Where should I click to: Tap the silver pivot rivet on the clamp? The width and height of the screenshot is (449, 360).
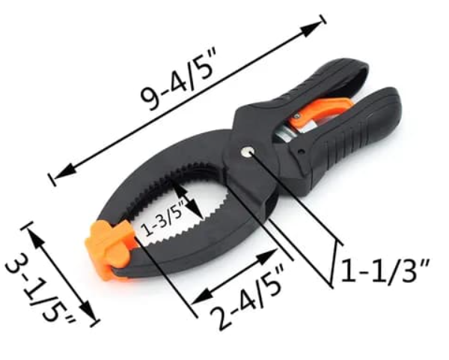(247, 152)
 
